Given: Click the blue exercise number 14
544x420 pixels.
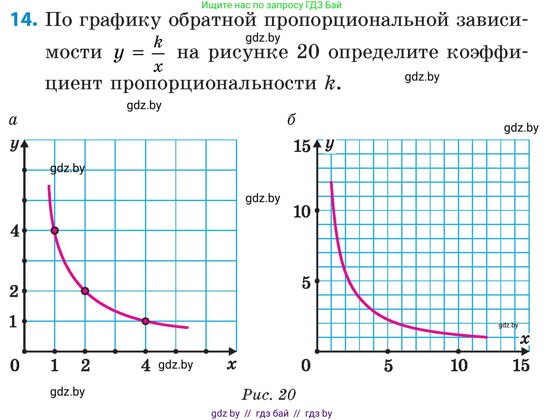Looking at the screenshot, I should (24, 19).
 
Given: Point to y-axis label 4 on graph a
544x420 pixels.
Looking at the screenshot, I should (15, 231).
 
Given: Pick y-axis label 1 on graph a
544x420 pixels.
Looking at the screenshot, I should (14, 321).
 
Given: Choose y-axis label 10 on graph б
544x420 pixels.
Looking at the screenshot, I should (302, 212).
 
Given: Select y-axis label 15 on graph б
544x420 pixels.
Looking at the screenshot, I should (302, 146).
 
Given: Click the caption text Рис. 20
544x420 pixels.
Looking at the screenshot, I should (269, 394).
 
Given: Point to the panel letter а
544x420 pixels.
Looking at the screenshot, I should (13, 120).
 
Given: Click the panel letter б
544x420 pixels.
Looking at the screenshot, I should (291, 120).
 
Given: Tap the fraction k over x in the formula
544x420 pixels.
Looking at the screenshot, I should (158, 54).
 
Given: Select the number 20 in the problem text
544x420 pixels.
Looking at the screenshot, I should (308, 52).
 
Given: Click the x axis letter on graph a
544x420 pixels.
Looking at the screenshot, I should (231, 364).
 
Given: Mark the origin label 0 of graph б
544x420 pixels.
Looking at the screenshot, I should (306, 365).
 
